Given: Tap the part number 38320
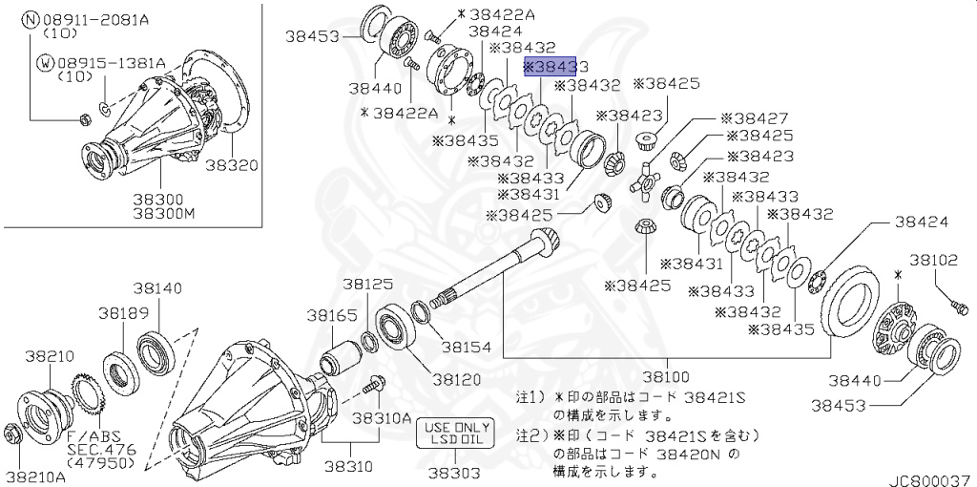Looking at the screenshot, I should click(x=232, y=164).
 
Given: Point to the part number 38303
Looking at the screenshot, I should click(x=454, y=470).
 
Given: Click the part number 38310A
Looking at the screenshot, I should click(x=382, y=417).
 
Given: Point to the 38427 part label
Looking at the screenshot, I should click(x=754, y=118).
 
